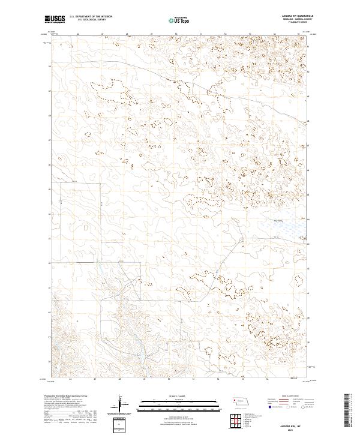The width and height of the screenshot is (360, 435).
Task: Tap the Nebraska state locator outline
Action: [x=242, y=400]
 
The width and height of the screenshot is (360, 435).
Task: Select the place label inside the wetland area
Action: [x=278, y=221]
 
